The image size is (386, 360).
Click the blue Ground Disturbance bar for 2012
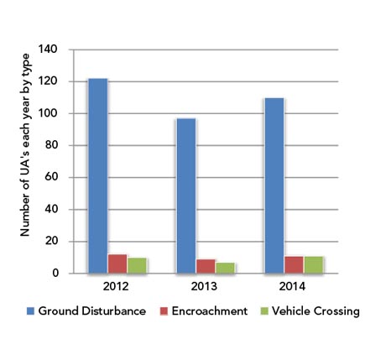[x=97, y=176]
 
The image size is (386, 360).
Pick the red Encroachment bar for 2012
[x=117, y=264]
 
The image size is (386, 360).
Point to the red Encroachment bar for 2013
[x=206, y=267]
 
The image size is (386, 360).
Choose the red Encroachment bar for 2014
[x=293, y=265]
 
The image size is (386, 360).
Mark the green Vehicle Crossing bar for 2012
[x=137, y=266]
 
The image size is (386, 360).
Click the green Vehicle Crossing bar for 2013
[x=225, y=269]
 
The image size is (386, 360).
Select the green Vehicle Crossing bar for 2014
[x=312, y=265]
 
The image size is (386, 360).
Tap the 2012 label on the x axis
[x=117, y=286]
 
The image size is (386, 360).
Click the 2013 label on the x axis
[x=205, y=286]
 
